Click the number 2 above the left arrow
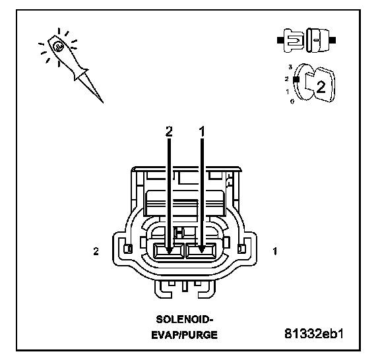pos(169,131)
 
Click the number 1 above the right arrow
pos(202,131)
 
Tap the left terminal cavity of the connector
pos(169,251)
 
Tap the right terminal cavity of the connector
pos(201,251)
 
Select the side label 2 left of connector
pos(96,251)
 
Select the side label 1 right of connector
pos(275,251)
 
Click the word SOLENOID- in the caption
pos(185,320)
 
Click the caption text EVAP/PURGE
pos(185,335)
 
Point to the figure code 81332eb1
pos(314,334)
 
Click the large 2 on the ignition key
pos(321,87)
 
